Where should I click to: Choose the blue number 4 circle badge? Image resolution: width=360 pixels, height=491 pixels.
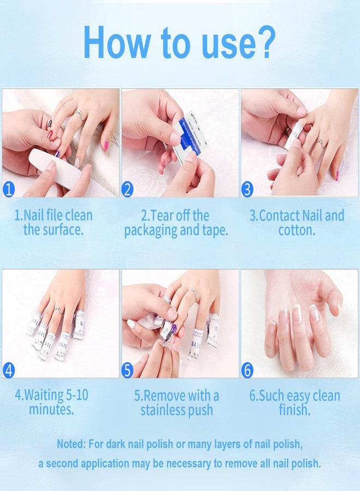click(9, 370)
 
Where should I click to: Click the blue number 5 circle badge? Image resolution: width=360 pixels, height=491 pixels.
click(128, 370)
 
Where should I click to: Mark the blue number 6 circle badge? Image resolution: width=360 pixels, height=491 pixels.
click(248, 370)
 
